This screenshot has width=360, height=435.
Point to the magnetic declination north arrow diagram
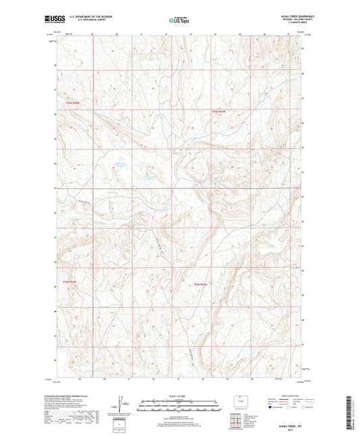[122, 404]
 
